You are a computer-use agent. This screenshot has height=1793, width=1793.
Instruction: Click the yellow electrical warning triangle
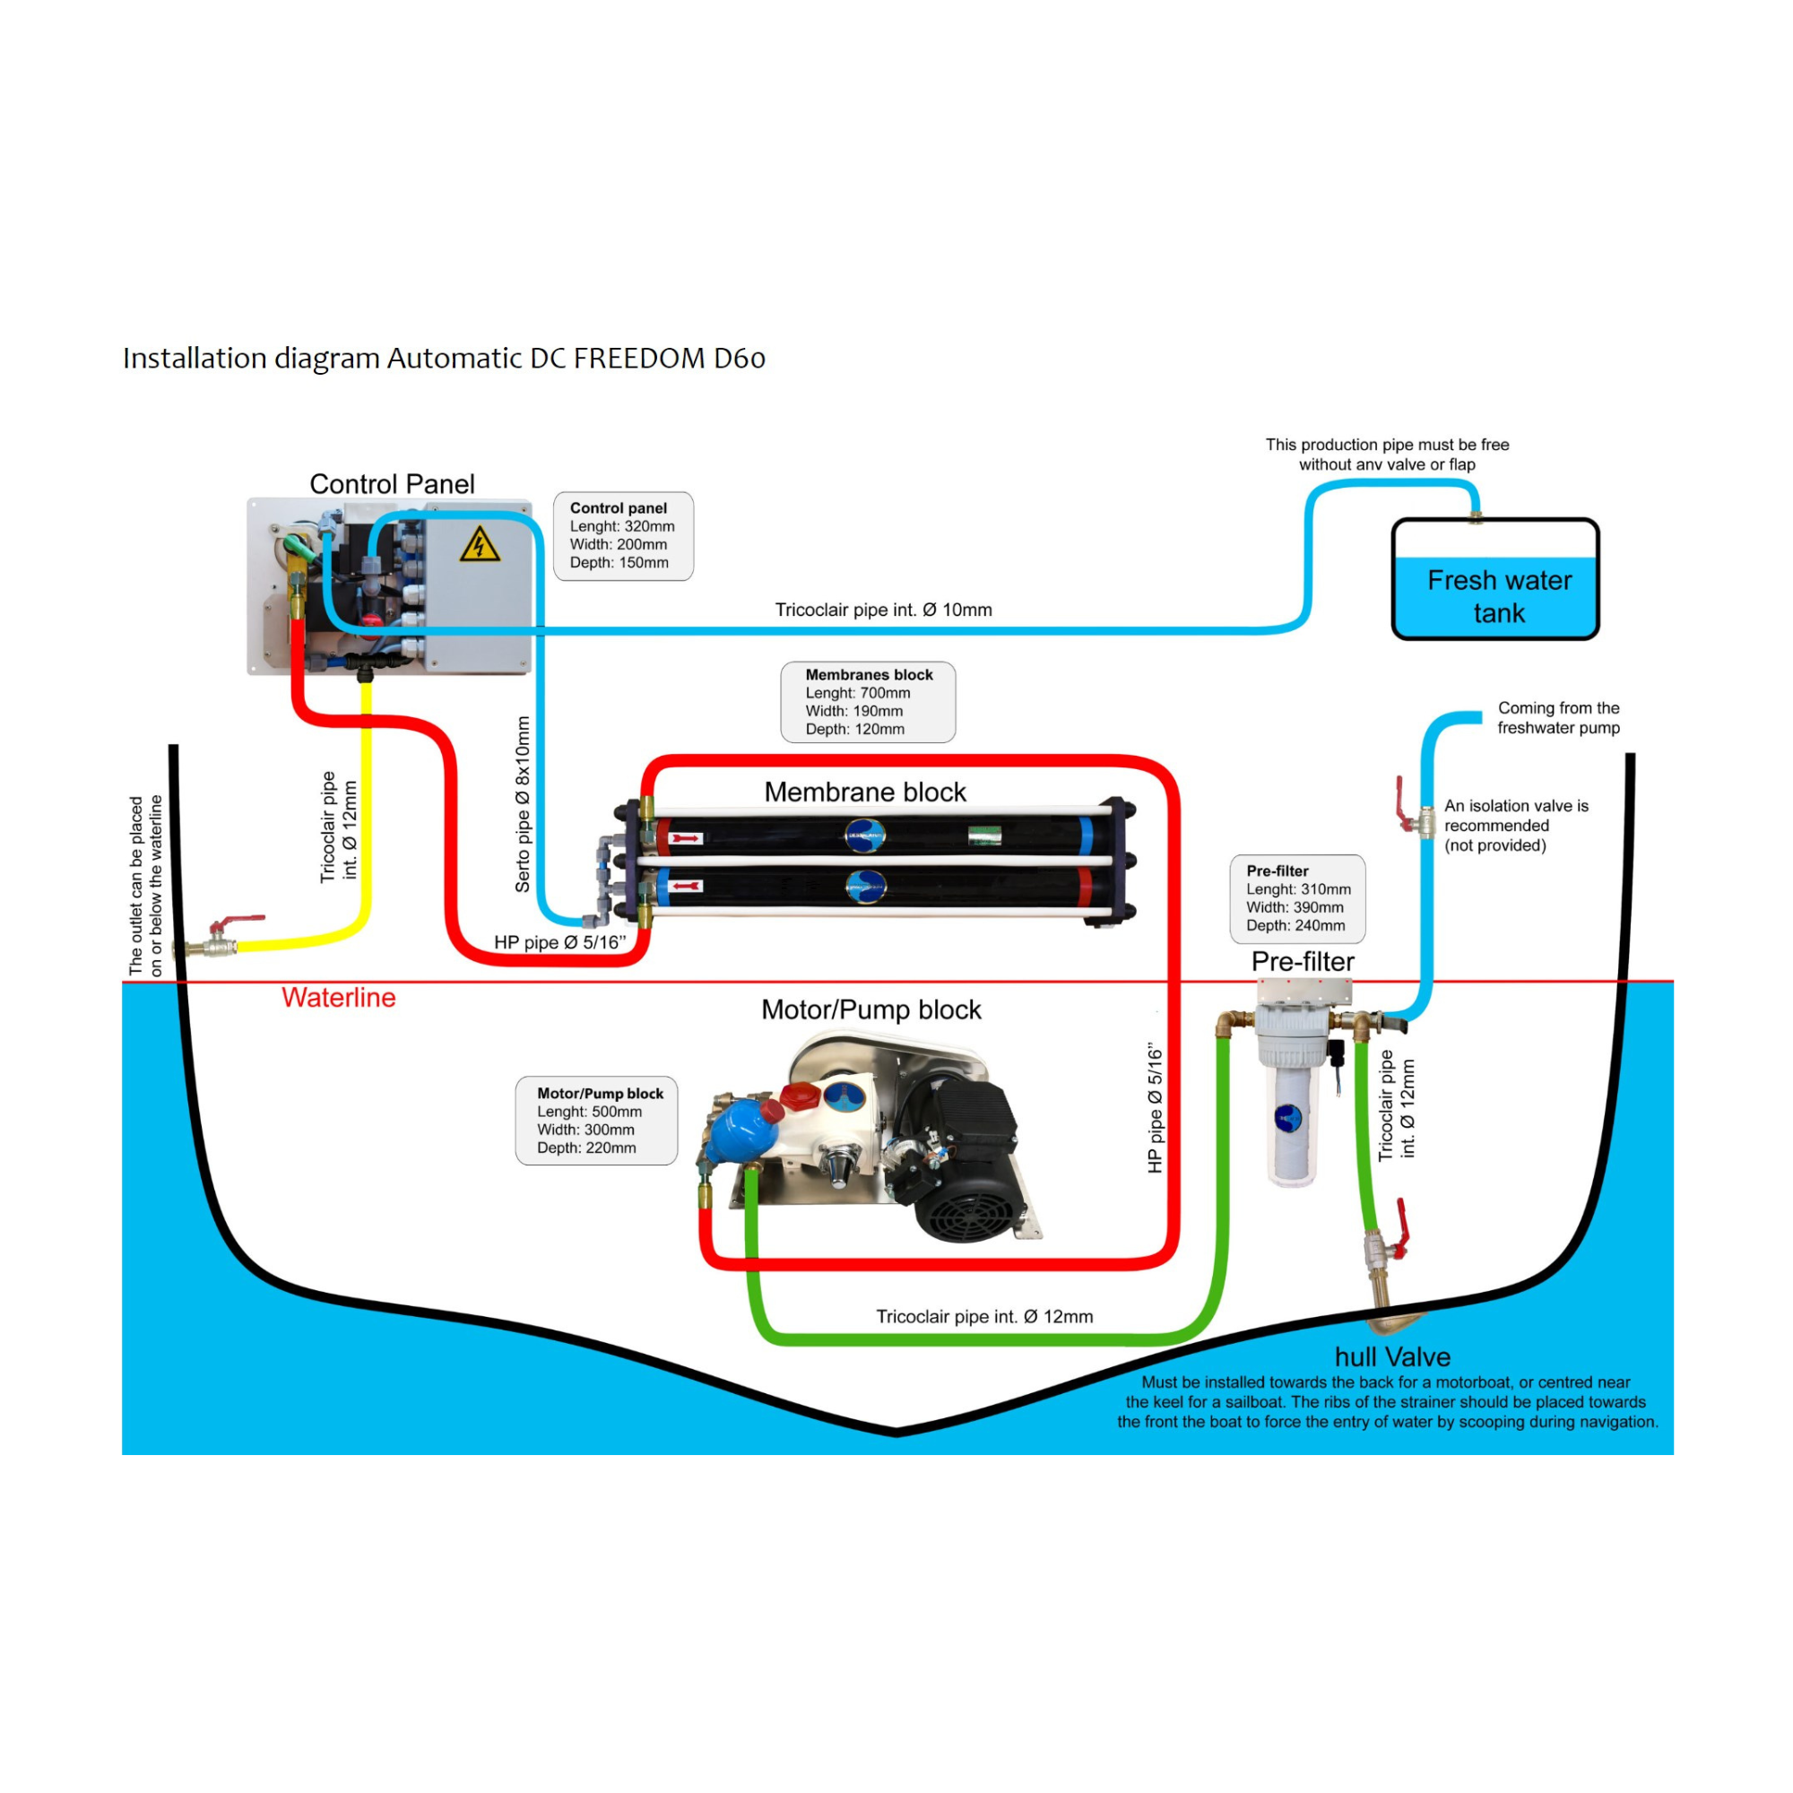pyautogui.click(x=479, y=546)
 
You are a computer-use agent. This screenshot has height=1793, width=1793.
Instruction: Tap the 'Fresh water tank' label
pyautogui.click(x=1499, y=597)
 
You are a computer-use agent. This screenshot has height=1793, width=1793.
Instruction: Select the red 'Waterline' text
pyautogui.click(x=339, y=998)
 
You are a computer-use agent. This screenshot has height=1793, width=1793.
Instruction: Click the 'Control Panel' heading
pyautogui.click(x=392, y=483)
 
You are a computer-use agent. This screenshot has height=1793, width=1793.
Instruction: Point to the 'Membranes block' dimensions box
pyautogui.click(x=868, y=702)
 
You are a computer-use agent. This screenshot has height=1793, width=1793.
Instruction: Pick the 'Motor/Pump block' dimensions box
pyautogui.click(x=597, y=1122)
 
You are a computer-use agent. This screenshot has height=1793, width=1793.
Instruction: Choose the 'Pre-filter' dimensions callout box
pyautogui.click(x=1297, y=898)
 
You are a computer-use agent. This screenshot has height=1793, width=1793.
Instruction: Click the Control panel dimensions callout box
pyautogui.click(x=623, y=535)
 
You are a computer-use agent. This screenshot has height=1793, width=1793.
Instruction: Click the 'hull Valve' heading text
pyautogui.click(x=1392, y=1356)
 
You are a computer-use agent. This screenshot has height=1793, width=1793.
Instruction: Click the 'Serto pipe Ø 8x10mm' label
pyautogui.click(x=523, y=805)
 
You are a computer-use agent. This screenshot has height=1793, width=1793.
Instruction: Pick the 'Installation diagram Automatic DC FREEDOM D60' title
pyautogui.click(x=444, y=359)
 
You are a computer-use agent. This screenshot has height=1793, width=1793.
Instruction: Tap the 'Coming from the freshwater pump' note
pyautogui.click(x=1558, y=717)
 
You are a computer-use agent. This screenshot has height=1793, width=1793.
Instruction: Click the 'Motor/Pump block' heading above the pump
pyautogui.click(x=871, y=1009)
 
